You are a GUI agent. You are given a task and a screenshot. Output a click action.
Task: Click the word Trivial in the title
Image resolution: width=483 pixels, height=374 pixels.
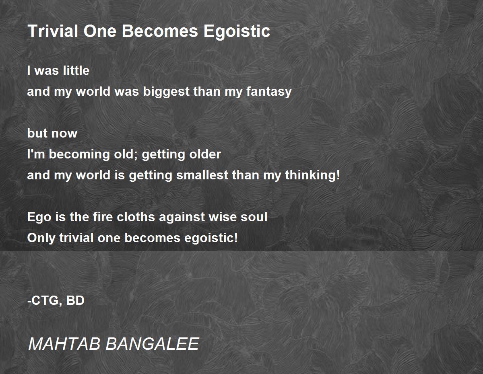(53, 31)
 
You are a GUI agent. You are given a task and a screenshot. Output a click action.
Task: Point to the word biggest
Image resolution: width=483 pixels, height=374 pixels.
(166, 92)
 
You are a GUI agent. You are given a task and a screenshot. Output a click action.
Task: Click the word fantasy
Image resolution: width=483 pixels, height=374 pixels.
(269, 92)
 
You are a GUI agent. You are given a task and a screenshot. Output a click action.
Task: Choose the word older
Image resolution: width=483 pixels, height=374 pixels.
(205, 154)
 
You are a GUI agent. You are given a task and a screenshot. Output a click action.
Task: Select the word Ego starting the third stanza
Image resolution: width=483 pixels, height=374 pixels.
(39, 218)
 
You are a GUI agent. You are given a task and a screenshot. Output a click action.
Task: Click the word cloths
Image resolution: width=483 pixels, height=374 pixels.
(136, 217)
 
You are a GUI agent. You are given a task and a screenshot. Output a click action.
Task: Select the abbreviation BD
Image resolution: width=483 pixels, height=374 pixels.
(75, 301)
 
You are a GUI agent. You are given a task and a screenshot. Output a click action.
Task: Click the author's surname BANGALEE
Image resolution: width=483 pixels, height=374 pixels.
(152, 344)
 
